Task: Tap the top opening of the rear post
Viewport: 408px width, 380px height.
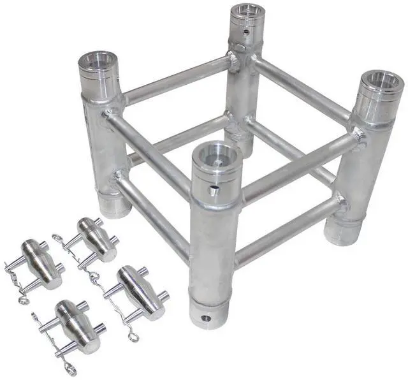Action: (x=247, y=12)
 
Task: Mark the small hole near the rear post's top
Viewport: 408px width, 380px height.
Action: (x=244, y=29)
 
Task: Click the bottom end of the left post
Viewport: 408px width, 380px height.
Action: (x=116, y=205)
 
